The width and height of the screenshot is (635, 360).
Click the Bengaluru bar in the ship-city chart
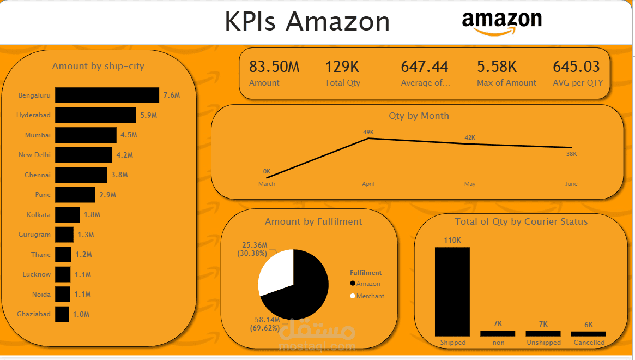[107, 95]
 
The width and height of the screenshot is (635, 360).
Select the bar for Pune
[75, 195]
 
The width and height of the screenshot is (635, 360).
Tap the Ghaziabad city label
[34, 314]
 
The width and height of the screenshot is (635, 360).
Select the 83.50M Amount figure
[274, 67]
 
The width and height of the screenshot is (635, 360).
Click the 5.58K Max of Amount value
[497, 67]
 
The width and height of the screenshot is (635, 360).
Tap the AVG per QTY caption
[578, 83]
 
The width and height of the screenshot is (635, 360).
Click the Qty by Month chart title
[419, 116]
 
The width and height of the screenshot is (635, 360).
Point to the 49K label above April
[368, 132]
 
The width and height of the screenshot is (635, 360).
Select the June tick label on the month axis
[571, 184]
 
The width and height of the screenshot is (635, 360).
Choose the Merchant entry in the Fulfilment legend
[370, 296]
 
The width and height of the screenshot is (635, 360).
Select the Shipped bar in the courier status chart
[452, 291]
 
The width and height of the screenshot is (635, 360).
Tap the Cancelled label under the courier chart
[589, 343]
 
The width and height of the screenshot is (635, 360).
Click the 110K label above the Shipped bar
[452, 240]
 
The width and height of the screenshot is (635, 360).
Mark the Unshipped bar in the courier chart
[543, 333]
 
